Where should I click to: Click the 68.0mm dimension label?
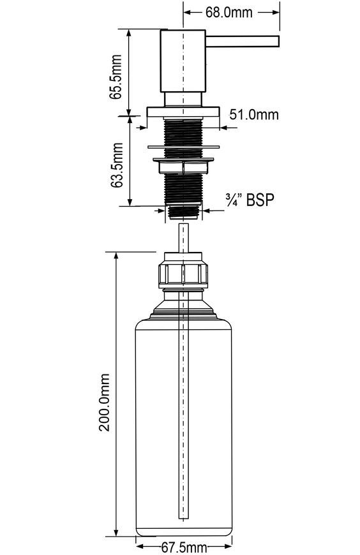[229, 12]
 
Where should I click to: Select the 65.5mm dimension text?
[116, 77]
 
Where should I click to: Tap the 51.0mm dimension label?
[253, 114]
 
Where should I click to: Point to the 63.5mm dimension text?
[116, 165]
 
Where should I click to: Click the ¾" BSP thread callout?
[250, 200]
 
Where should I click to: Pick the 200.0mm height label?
[104, 402]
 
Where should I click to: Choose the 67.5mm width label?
[184, 547]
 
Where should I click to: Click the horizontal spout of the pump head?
[243, 41]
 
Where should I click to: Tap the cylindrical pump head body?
[183, 61]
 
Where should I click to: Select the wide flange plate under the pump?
[183, 112]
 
